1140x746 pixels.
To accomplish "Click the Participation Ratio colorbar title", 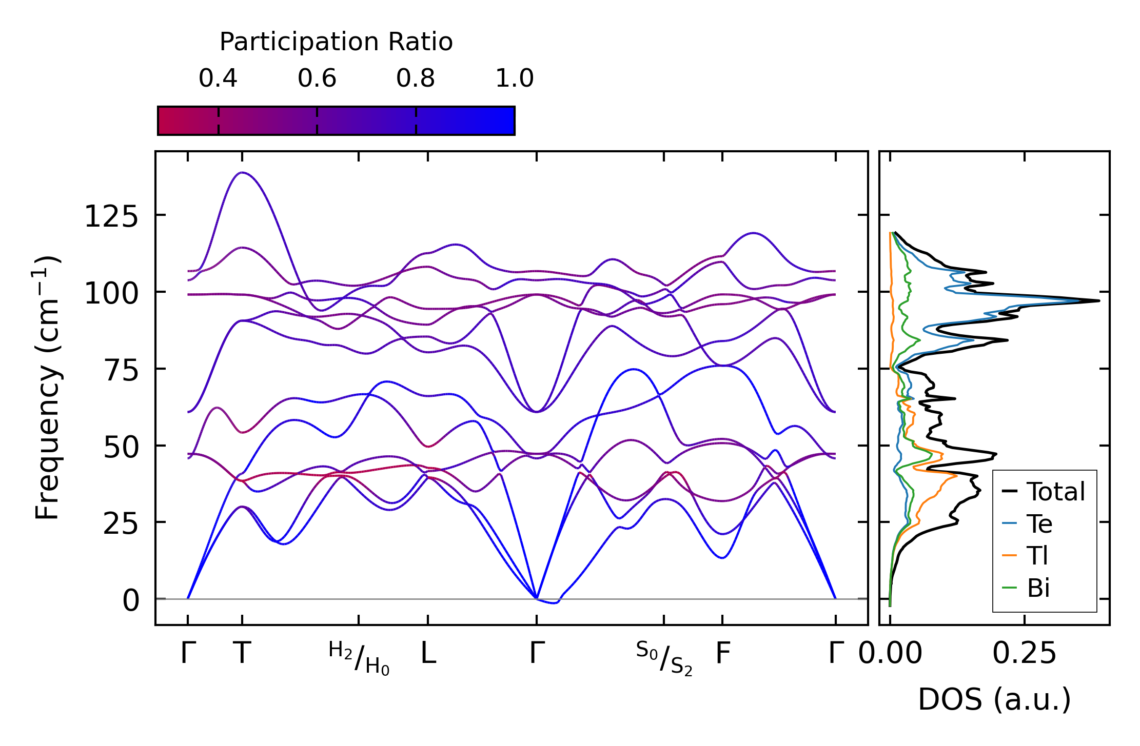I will point(336,42).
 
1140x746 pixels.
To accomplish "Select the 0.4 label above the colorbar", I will point(218,79).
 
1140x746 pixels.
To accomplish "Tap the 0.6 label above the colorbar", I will point(317,79).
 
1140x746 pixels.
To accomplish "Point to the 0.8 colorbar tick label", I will point(416,79).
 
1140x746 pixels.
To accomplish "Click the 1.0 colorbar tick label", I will point(515,79).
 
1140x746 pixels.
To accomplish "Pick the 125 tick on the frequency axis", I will point(111,216).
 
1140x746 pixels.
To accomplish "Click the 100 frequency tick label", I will point(111,294).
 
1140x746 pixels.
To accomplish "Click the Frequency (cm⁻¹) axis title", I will point(48,388).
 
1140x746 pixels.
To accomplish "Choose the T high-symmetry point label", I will point(242,653).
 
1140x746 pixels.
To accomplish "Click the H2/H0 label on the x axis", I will point(359,658).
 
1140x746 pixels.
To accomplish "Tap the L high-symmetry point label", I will point(428,653).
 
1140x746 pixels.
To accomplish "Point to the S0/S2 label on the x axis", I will point(664,658).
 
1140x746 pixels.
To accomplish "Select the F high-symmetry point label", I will point(722,653).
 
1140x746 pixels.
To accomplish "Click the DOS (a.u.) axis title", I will point(994,699).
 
